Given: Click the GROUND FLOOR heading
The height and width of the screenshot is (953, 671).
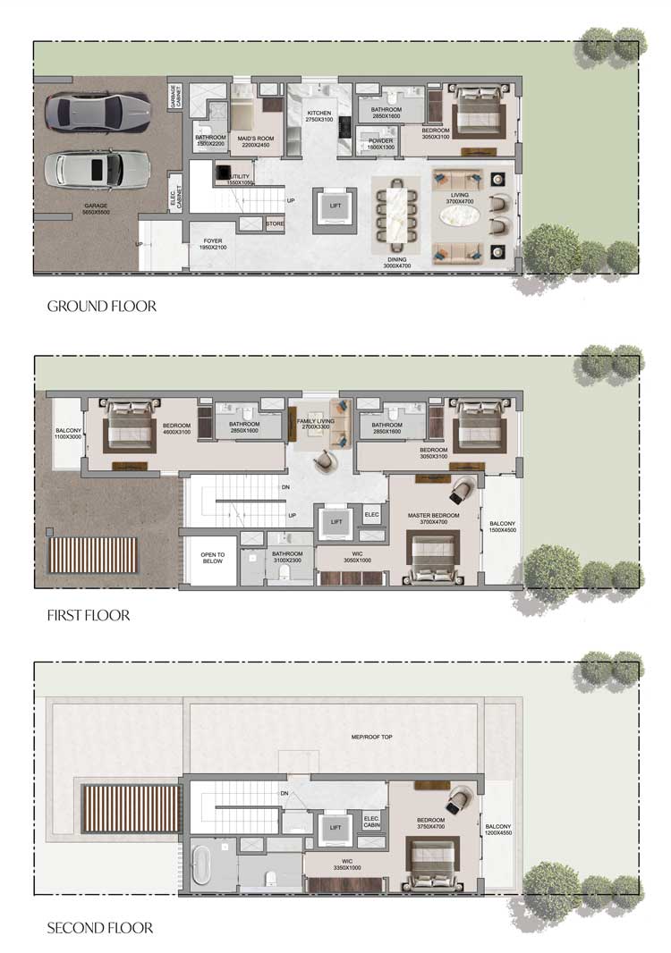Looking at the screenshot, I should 101,307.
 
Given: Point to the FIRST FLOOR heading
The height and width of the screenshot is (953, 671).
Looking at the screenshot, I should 88,615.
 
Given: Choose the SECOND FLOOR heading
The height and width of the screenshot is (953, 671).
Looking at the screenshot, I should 99,928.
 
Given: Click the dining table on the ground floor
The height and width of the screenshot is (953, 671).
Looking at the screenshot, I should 395,212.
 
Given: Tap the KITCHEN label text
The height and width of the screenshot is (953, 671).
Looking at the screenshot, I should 319,114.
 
